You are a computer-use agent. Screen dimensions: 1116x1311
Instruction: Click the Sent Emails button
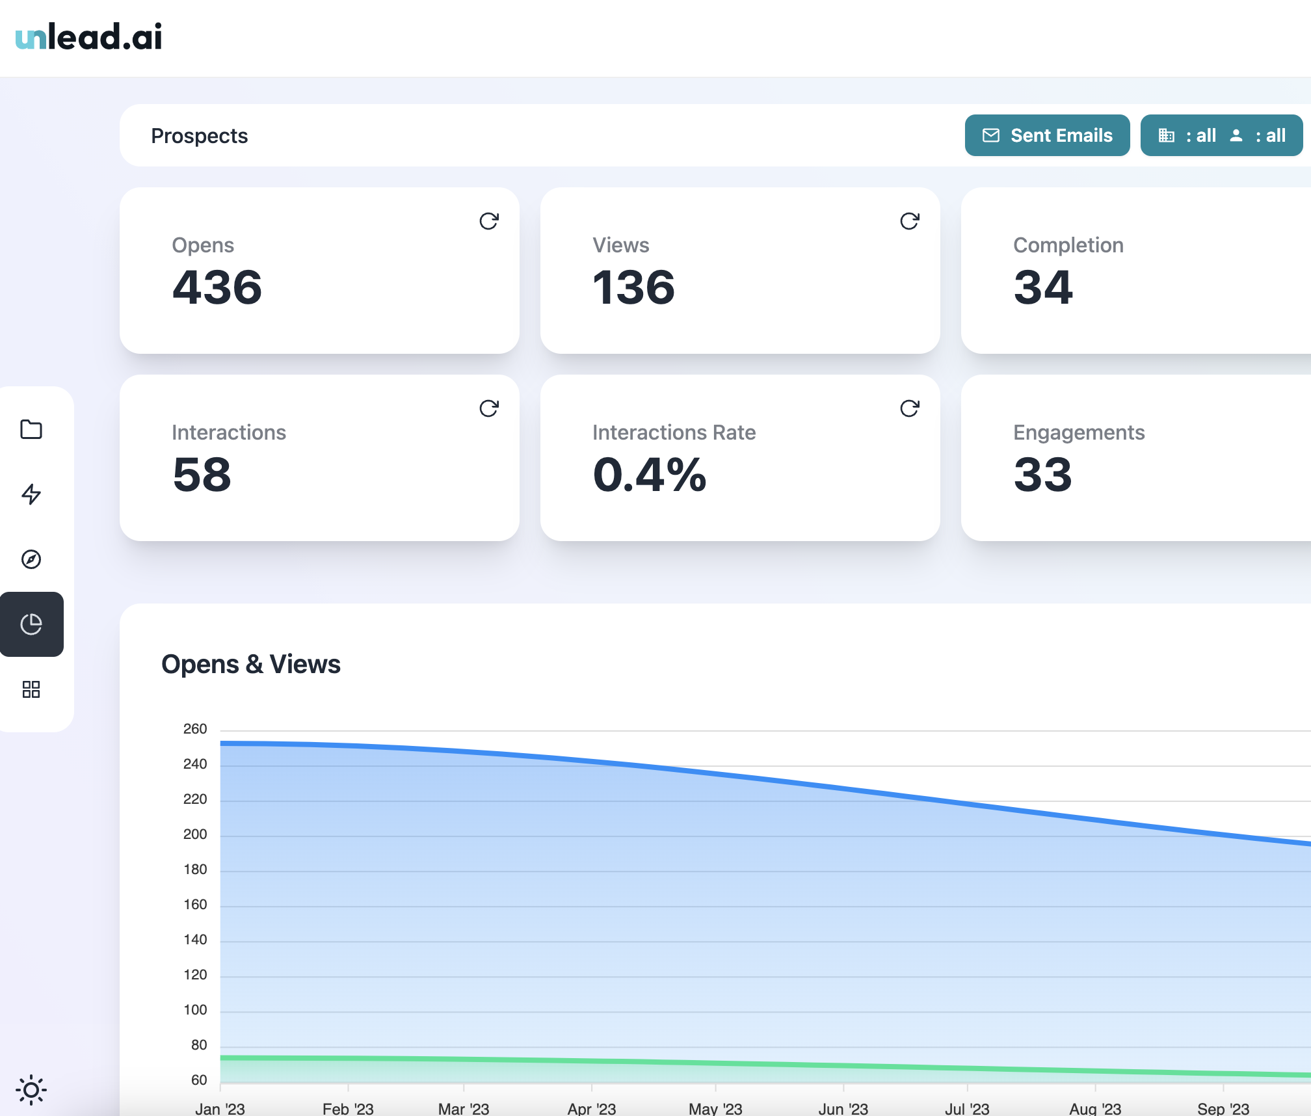(1047, 135)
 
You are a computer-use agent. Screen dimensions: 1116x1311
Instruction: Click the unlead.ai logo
(88, 36)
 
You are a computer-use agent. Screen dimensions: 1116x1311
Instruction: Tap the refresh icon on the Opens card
(489, 221)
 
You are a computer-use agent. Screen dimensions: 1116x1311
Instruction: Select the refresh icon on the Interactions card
(489, 408)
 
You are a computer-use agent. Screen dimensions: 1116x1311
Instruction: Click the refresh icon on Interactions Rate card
(910, 408)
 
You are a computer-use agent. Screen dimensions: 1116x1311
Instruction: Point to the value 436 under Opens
(217, 287)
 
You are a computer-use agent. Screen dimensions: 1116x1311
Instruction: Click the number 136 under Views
(633, 287)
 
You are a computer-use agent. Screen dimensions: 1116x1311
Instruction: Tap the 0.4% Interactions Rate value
(649, 475)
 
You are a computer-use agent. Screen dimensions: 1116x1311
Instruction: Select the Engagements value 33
(1042, 475)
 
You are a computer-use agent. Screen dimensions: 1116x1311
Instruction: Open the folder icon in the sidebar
(31, 429)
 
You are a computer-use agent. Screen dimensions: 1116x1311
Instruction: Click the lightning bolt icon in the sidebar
(31, 494)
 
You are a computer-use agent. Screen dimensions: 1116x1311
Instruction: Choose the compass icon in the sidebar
(31, 559)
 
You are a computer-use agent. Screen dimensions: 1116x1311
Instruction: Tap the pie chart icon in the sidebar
(31, 624)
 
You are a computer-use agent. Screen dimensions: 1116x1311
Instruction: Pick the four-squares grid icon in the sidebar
(31, 689)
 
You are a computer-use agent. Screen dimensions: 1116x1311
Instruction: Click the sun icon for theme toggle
(31, 1090)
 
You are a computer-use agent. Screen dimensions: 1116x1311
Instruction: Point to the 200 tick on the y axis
(195, 834)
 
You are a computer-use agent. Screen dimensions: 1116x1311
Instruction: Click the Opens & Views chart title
(251, 665)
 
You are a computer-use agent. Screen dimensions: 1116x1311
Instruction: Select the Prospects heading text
(199, 136)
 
